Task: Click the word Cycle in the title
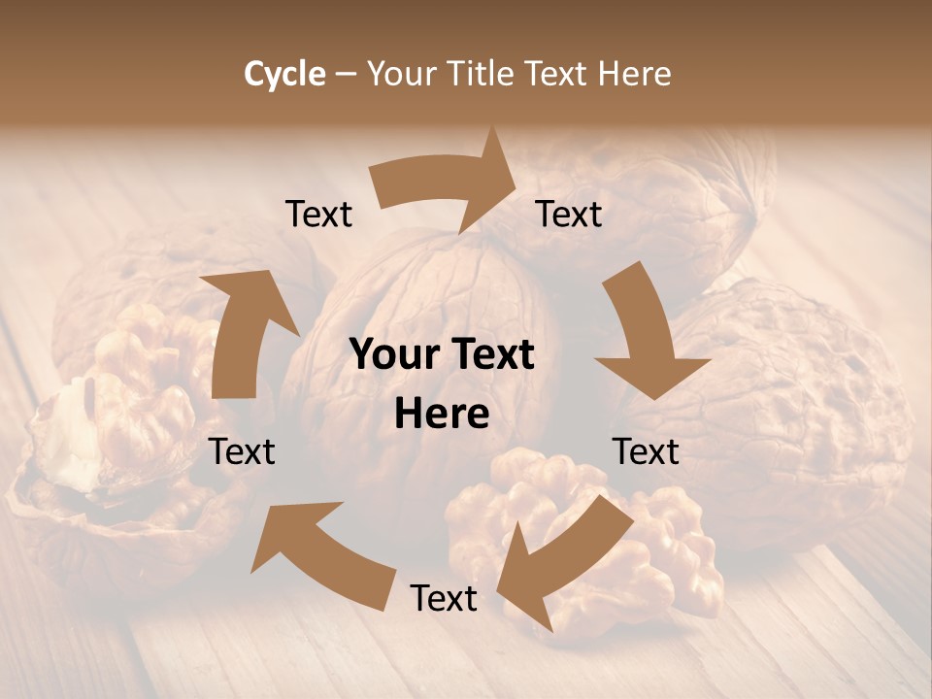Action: [x=284, y=74]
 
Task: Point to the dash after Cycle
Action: [x=346, y=75]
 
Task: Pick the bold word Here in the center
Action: [x=442, y=415]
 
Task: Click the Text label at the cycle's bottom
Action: [x=444, y=598]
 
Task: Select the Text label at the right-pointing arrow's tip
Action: [x=569, y=215]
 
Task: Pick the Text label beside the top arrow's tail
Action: [x=319, y=215]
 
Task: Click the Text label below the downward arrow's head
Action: [x=646, y=451]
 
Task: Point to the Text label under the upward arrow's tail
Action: [x=243, y=451]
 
